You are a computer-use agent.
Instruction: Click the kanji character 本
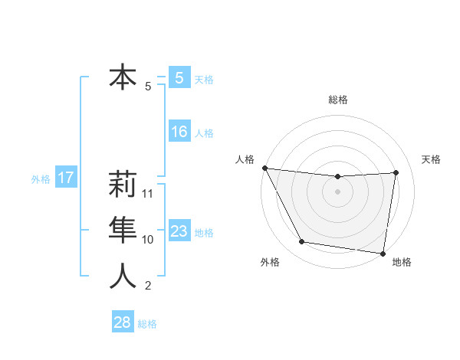point(123,78)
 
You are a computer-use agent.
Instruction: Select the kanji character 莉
point(123,185)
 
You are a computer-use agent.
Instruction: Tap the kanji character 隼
point(123,231)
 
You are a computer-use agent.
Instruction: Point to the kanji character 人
point(123,277)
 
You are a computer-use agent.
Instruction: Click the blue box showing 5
point(179,78)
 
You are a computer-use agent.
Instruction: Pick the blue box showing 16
point(179,133)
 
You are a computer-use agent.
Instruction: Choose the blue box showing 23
point(179,231)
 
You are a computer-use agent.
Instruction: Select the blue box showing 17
point(66,178)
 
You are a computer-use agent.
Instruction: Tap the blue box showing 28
point(123,322)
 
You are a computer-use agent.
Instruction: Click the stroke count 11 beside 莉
point(149,194)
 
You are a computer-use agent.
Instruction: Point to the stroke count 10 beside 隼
point(149,240)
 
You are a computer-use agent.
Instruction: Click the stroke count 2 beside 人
point(148,286)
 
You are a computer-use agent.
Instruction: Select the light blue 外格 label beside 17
point(41,179)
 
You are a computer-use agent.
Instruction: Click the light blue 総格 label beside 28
point(147,323)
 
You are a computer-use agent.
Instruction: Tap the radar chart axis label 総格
point(338,100)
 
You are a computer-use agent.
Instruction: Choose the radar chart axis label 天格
point(432,159)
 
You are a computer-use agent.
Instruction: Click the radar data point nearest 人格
point(264,168)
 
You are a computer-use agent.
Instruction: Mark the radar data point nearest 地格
point(383,253)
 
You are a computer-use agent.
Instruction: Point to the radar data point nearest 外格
point(302,242)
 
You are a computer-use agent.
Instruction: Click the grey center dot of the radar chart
point(338,191)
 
